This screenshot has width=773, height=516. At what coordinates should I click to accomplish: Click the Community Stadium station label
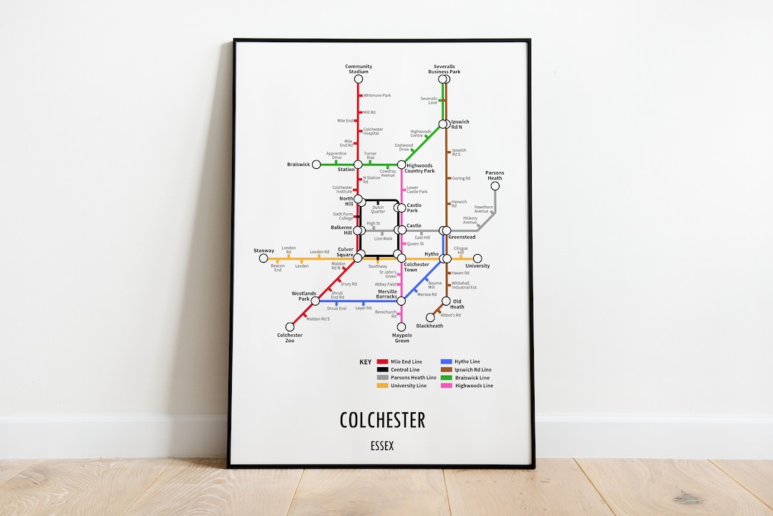[x=359, y=69]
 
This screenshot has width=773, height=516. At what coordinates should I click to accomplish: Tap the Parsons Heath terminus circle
[x=495, y=186]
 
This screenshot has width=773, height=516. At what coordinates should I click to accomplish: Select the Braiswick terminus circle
[x=316, y=165]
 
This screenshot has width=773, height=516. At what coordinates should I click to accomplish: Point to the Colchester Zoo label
[x=290, y=338]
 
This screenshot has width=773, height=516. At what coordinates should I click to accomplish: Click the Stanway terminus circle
[x=263, y=258]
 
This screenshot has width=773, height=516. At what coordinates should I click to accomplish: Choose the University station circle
[x=477, y=258]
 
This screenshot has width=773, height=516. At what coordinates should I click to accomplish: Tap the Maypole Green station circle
[x=402, y=327]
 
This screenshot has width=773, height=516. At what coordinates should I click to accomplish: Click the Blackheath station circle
[x=430, y=318]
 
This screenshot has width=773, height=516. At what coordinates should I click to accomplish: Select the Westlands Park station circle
[x=315, y=301]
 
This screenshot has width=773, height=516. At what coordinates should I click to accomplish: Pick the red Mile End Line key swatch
[x=383, y=362]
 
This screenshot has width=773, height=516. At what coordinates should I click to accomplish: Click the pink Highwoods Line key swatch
[x=446, y=386]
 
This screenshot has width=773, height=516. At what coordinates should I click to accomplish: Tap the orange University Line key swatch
[x=383, y=386]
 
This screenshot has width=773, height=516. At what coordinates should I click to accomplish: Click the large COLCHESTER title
[x=382, y=420]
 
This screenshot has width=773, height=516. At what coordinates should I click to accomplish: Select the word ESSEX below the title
[x=382, y=446]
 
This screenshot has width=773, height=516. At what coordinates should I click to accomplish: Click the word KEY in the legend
[x=365, y=362]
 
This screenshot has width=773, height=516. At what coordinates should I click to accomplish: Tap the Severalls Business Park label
[x=444, y=69]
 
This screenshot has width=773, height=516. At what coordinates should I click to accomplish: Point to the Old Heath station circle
[x=446, y=301]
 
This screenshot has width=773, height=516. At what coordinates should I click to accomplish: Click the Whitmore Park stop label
[x=377, y=95]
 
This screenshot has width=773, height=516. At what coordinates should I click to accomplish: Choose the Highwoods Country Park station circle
[x=402, y=165]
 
